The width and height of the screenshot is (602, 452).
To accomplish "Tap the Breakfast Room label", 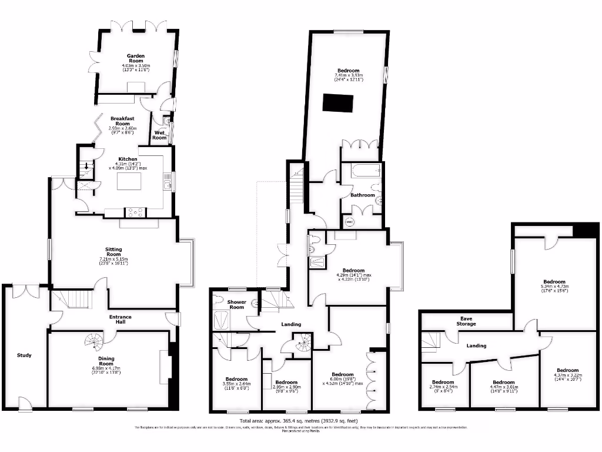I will [x=122, y=120].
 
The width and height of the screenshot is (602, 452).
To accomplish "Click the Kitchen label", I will [x=128, y=159].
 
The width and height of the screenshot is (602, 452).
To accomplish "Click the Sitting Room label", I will [x=110, y=250].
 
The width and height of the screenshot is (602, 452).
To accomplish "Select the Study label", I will [x=24, y=355].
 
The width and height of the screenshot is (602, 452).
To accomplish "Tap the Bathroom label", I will [x=362, y=195].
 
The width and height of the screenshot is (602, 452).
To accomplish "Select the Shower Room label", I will [x=236, y=304].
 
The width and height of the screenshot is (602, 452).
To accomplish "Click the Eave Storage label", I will [x=467, y=321].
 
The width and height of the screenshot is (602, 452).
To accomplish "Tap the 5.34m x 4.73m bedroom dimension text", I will [x=554, y=287].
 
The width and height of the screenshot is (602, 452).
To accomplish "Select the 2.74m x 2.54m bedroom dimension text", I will [x=444, y=387].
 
